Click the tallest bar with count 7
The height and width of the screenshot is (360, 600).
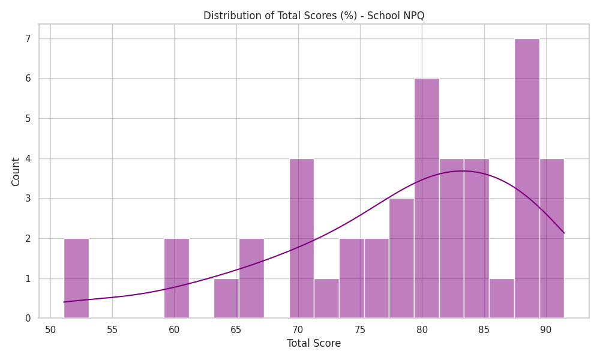tap(527, 178)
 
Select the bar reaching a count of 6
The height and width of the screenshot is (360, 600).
tap(427, 198)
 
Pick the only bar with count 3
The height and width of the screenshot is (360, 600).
tap(402, 258)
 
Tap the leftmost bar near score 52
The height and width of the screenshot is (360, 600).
tap(77, 278)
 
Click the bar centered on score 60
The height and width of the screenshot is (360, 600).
tap(177, 278)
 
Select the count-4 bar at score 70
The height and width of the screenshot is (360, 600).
tap(302, 238)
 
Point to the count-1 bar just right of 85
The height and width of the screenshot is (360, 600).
tap(502, 298)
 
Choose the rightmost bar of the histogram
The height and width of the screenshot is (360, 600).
tap(552, 238)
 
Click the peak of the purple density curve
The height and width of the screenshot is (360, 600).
tap(463, 170)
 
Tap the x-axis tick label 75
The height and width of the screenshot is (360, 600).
tap(360, 330)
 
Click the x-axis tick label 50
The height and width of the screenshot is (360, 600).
tap(50, 330)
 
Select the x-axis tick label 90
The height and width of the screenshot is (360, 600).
tap(545, 330)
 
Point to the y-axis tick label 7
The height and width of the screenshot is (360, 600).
tap(28, 38)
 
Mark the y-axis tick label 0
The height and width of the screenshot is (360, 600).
tap(28, 318)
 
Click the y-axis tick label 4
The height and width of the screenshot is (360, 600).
tap(28, 158)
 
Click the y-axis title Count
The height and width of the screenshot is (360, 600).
tap(16, 172)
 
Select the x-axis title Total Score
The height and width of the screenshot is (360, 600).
tap(314, 343)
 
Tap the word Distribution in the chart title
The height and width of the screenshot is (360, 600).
tap(228, 16)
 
